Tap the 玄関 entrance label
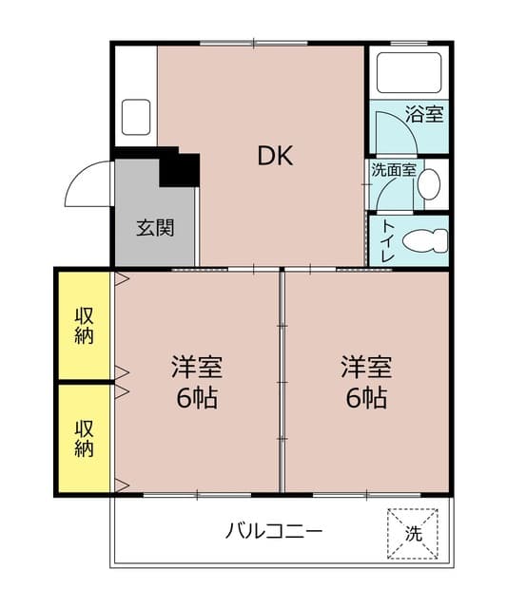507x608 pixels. pyautogui.click(x=154, y=228)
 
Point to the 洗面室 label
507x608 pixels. pyautogui.click(x=393, y=171)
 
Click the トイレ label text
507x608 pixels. pyautogui.click(x=388, y=239)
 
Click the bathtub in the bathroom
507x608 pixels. pyautogui.click(x=408, y=72)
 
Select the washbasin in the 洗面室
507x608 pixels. pyautogui.click(x=430, y=181)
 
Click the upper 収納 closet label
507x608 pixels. pyautogui.click(x=85, y=325)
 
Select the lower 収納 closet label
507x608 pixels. pyautogui.click(x=85, y=438)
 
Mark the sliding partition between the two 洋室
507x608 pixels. pyautogui.click(x=282, y=380)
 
